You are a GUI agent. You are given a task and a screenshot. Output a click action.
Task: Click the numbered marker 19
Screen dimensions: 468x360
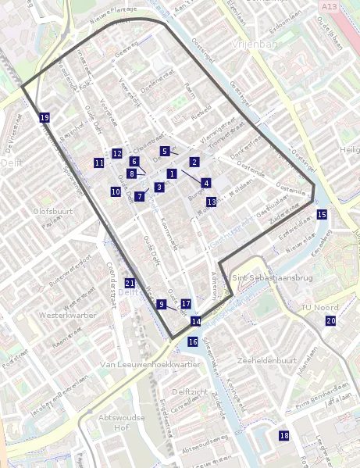point(45,117)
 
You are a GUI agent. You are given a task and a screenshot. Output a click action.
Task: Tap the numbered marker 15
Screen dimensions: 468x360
point(322,214)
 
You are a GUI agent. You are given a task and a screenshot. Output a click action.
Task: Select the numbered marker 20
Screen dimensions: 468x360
point(331,320)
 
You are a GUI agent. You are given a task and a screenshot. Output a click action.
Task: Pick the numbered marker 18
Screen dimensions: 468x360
point(284,435)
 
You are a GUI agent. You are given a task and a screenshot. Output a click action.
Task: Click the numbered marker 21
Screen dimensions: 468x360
point(130,283)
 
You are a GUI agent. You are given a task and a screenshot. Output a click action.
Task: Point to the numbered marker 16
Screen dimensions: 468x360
point(193,341)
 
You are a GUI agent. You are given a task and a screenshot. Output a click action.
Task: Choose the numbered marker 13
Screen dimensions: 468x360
point(211,202)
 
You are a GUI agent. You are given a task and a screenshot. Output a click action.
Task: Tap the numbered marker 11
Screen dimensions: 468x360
point(98,163)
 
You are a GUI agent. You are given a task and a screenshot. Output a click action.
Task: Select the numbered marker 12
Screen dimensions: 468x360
point(116,153)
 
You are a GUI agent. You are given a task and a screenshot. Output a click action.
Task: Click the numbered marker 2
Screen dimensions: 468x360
point(194,162)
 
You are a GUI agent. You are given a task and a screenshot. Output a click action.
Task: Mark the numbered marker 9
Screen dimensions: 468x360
point(161,304)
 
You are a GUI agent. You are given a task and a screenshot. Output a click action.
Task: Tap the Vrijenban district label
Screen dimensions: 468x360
point(255,45)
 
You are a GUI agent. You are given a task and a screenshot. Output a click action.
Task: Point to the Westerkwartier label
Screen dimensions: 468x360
point(67,316)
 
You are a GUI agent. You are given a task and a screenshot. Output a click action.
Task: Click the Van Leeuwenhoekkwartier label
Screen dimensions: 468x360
point(151,364)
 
